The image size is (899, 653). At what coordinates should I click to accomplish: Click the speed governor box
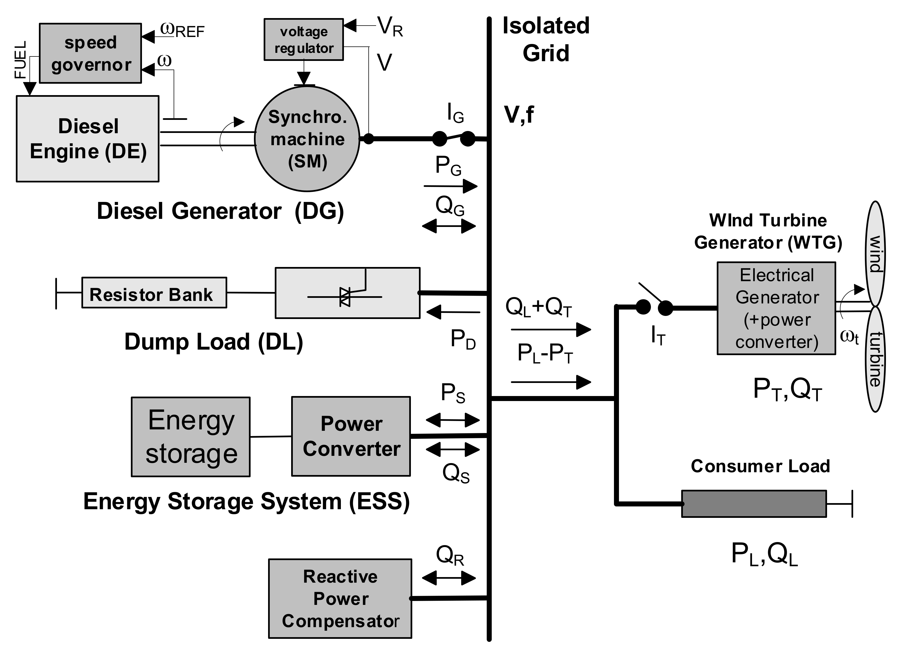(x=90, y=53)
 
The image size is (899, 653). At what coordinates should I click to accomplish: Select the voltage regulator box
(x=304, y=40)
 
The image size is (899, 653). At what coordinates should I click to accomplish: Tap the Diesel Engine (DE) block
(x=88, y=139)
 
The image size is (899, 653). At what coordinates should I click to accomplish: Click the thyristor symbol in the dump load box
(x=344, y=297)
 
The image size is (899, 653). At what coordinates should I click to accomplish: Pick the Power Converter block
(x=351, y=436)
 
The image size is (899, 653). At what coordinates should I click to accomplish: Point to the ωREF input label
(x=182, y=30)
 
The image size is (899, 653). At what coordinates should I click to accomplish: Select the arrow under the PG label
(x=450, y=186)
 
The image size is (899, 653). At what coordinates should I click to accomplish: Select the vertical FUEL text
(x=21, y=60)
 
